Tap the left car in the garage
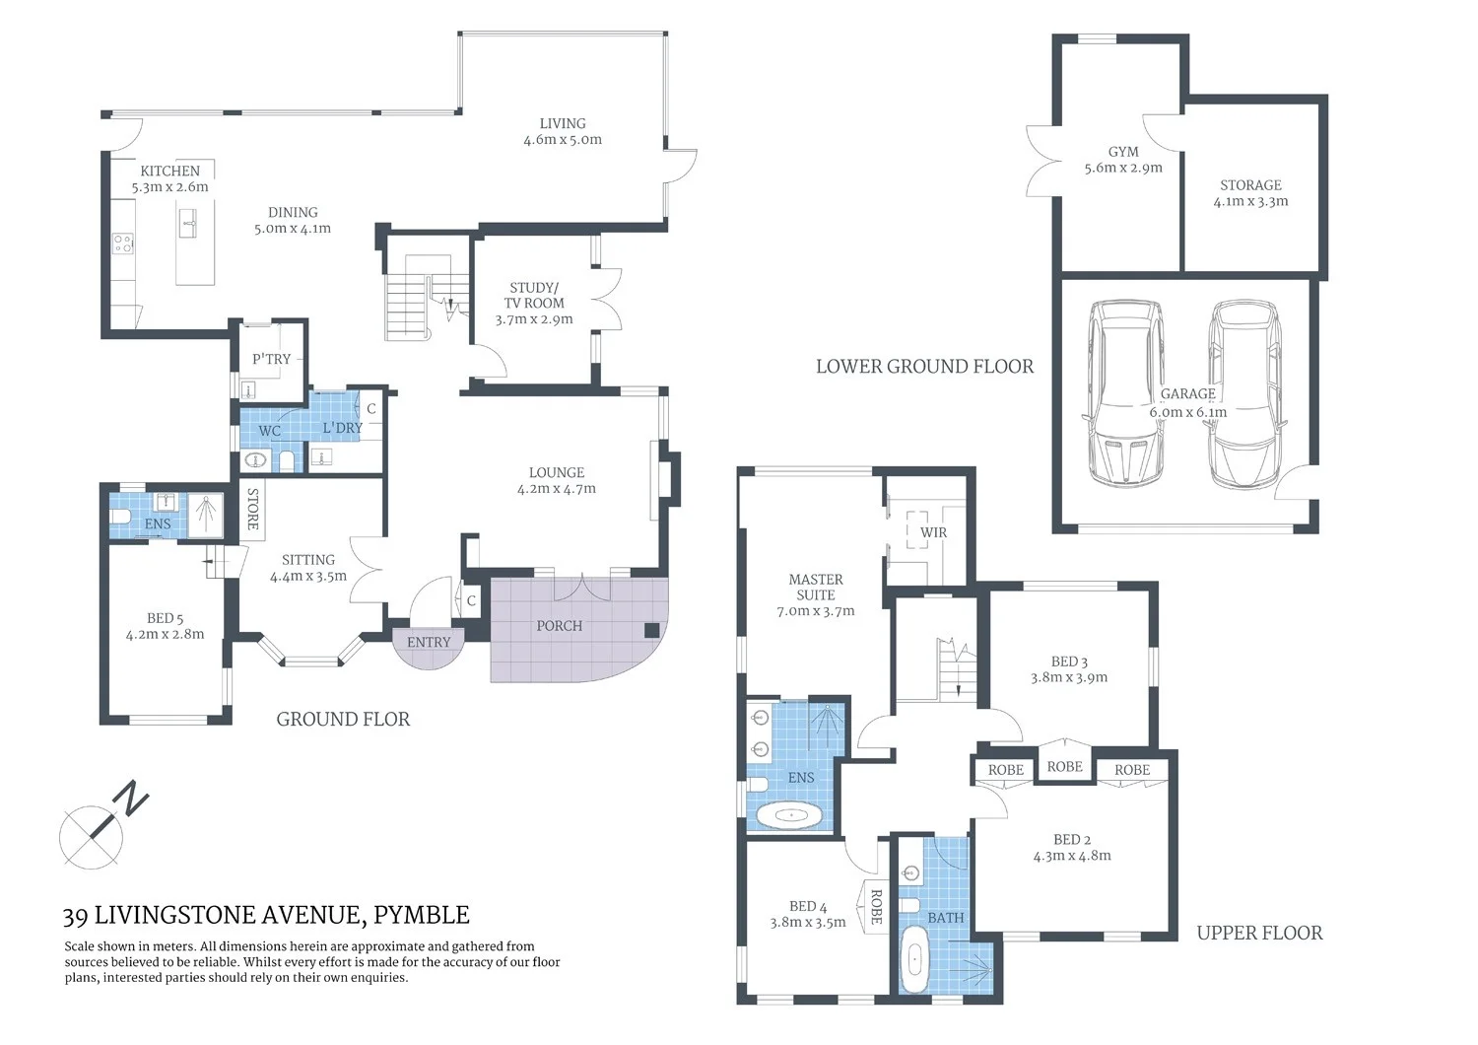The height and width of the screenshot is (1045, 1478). (x=1123, y=394)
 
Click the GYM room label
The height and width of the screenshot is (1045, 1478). (x=1123, y=152)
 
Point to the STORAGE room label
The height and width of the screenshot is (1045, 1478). (x=1250, y=185)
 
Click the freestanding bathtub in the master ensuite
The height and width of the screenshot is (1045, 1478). (x=792, y=815)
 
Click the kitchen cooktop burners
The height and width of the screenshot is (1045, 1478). (x=123, y=243)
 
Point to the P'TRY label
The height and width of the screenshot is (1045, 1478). (x=271, y=359)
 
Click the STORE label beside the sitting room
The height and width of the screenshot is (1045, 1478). (x=252, y=509)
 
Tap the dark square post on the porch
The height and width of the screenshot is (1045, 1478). (x=651, y=630)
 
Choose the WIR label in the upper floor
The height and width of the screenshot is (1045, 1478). (x=933, y=532)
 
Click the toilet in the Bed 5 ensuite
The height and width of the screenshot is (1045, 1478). (x=120, y=517)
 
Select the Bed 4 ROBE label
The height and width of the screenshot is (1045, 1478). (x=876, y=906)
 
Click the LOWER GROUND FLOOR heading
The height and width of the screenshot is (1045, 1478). (x=924, y=367)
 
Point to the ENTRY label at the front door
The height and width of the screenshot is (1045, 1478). (x=429, y=642)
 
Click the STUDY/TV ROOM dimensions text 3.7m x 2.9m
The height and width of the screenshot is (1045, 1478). (x=534, y=319)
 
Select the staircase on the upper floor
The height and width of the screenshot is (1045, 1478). (x=952, y=670)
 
